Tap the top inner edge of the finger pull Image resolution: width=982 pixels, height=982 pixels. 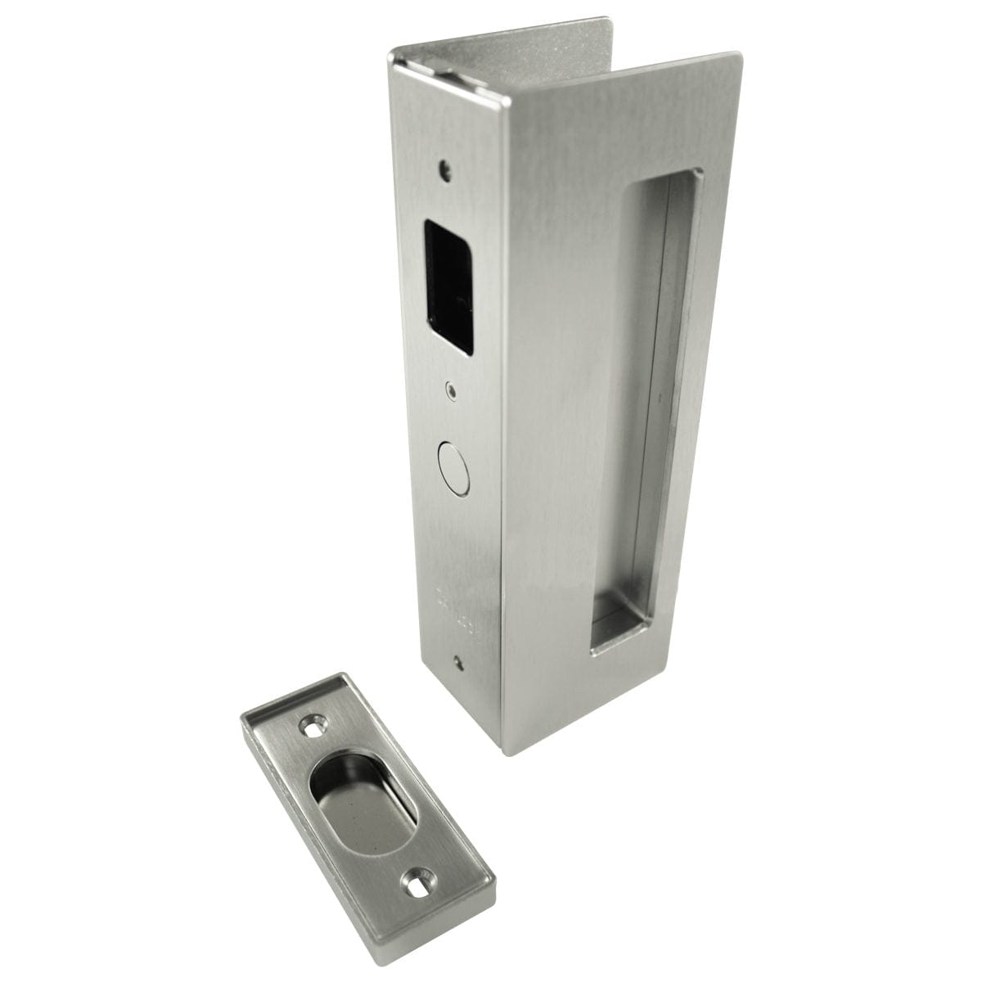[663, 176]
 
